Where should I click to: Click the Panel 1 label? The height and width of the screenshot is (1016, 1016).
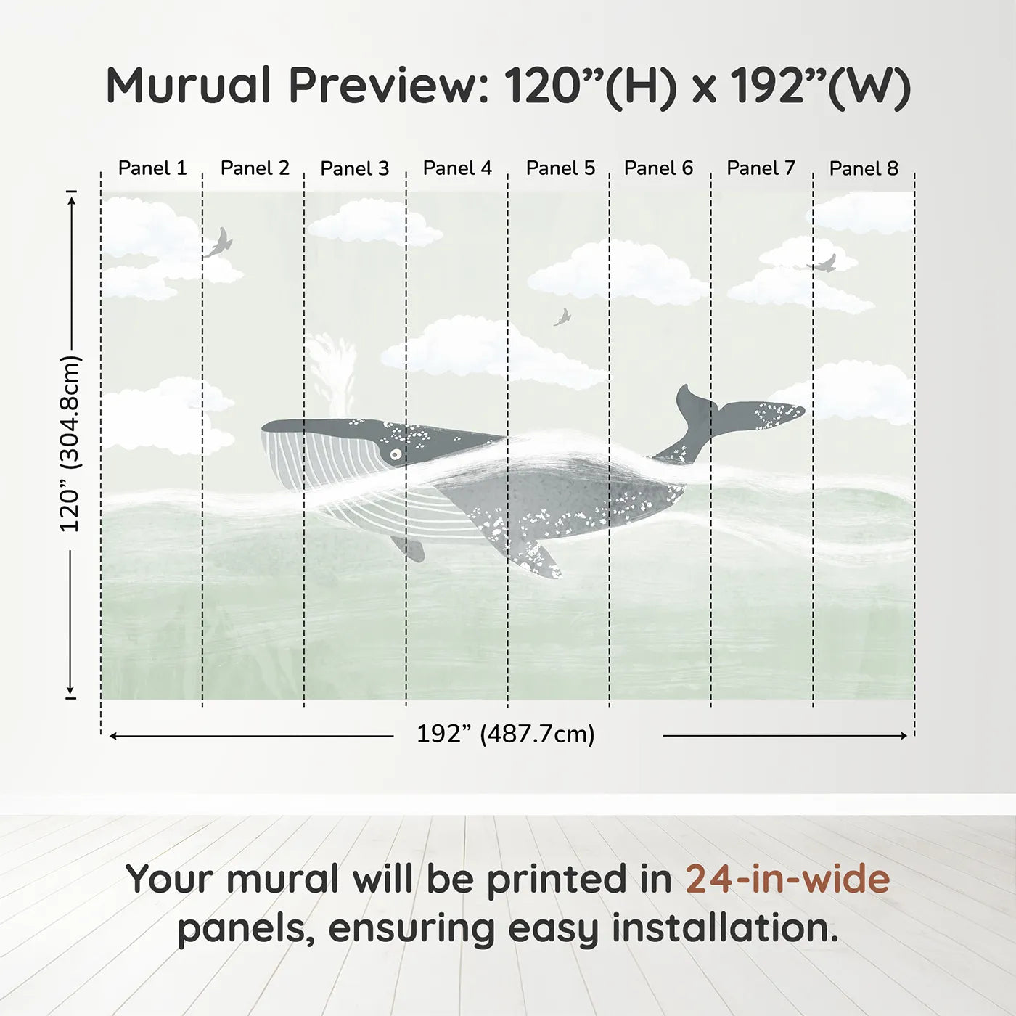(x=152, y=168)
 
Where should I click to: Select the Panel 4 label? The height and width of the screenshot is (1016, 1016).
(x=457, y=168)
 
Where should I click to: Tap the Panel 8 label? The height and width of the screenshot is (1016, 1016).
(x=864, y=168)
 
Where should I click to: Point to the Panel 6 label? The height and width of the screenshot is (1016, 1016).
(x=658, y=168)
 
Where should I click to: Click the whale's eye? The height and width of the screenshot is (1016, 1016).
(x=396, y=455)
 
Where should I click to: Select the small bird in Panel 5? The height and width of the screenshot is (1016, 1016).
(x=562, y=317)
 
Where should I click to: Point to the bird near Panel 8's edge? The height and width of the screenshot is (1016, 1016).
(x=823, y=264)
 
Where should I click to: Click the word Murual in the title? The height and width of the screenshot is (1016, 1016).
(x=189, y=86)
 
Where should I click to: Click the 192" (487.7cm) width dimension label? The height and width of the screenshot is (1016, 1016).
(x=505, y=734)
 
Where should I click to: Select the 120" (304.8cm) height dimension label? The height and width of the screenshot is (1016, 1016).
(x=70, y=443)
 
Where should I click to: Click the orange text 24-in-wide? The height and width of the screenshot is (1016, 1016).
(x=787, y=879)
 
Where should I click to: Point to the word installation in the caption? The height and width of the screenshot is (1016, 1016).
(x=724, y=928)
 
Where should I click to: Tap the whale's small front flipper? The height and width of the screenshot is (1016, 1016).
(x=409, y=548)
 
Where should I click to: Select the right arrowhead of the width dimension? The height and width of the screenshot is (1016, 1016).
(x=904, y=736)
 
